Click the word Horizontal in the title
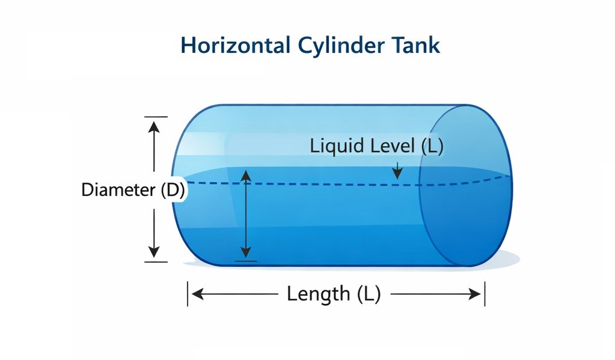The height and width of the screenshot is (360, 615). click(x=225, y=46)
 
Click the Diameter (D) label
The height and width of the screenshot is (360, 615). click(x=133, y=191)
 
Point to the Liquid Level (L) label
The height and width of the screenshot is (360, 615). click(x=376, y=146)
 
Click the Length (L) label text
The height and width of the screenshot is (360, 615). click(x=334, y=294)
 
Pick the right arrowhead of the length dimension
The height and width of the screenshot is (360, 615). click(x=474, y=294)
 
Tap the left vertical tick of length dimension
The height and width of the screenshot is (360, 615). click(x=188, y=294)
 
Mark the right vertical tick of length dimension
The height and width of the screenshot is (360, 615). click(x=485, y=294)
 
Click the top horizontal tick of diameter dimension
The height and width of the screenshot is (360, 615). click(x=156, y=117)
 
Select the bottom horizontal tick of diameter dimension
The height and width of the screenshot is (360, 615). click(x=156, y=261)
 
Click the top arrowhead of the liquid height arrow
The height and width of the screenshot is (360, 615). click(x=245, y=175)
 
